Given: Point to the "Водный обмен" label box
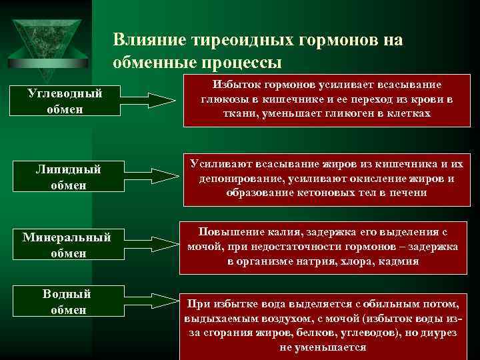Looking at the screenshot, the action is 67,302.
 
